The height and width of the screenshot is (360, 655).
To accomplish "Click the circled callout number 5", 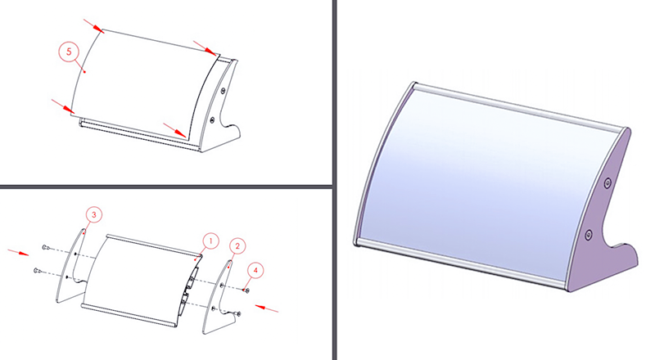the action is [69, 52].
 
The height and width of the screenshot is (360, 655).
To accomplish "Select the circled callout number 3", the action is [94, 214].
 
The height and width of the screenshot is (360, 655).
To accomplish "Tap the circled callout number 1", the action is [211, 241].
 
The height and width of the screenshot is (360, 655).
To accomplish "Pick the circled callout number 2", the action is [237, 246].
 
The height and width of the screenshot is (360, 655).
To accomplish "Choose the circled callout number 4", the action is [255, 271].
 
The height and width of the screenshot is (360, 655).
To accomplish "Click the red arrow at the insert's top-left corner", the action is [93, 26].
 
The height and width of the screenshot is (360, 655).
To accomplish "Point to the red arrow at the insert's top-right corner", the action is [206, 48].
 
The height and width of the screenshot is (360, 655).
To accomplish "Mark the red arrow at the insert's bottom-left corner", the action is [63, 106].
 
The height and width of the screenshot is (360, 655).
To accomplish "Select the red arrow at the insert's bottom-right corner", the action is [174, 130].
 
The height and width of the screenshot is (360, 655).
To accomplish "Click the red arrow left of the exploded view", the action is [18, 252].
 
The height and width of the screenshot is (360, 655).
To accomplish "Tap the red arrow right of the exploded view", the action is [267, 308].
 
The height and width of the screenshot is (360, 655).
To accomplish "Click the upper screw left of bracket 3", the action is [46, 248].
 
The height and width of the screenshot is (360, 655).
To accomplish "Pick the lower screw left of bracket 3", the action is [37, 271].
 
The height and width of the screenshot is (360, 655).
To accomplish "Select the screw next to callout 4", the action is [246, 290].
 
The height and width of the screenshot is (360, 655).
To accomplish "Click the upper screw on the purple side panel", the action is [608, 182].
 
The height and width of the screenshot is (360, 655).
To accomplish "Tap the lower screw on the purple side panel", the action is [589, 235].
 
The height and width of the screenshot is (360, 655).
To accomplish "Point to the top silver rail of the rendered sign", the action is [519, 106].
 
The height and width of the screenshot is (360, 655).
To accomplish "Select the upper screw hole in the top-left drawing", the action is [223, 90].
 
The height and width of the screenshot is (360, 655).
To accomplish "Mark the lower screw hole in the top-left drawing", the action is [212, 119].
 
